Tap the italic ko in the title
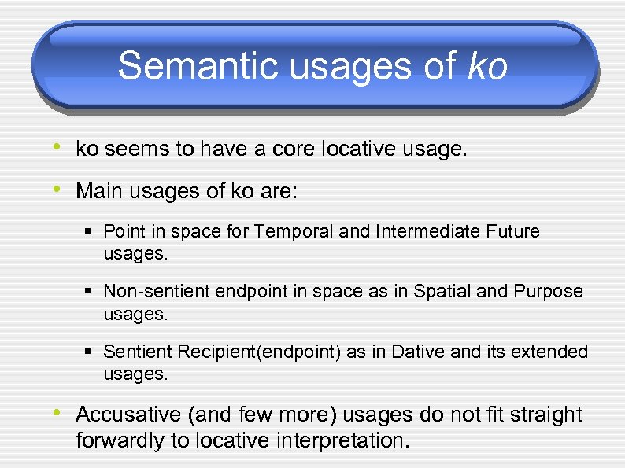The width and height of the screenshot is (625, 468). [487, 66]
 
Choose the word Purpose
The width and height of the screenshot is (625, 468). [548, 291]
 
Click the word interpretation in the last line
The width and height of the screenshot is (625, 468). [342, 440]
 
